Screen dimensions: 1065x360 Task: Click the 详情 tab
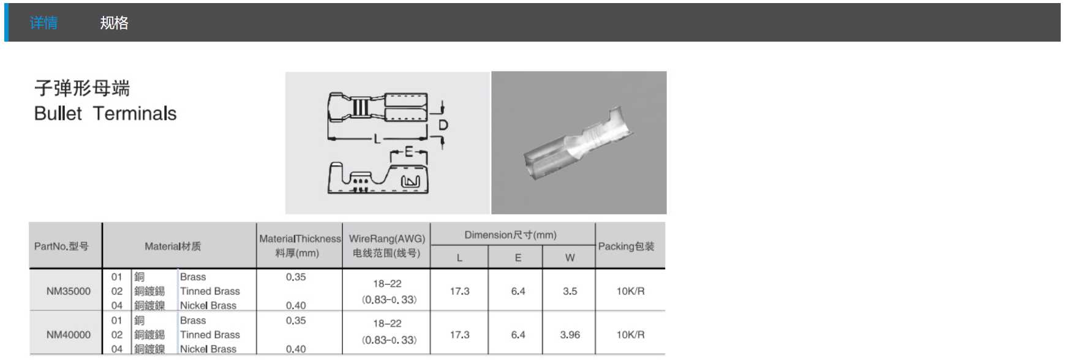click(x=44, y=23)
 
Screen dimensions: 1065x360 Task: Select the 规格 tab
click(x=114, y=23)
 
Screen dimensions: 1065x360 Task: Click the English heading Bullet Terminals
click(x=105, y=114)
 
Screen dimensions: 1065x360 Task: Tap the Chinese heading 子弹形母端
click(x=82, y=88)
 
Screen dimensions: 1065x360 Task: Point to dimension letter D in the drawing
click(x=443, y=125)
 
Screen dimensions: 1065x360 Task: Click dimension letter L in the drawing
click(x=377, y=140)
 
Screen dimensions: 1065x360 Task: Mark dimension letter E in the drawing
click(x=409, y=152)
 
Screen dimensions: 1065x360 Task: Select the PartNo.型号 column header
click(x=61, y=246)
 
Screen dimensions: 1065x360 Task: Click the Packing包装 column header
click(x=627, y=246)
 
